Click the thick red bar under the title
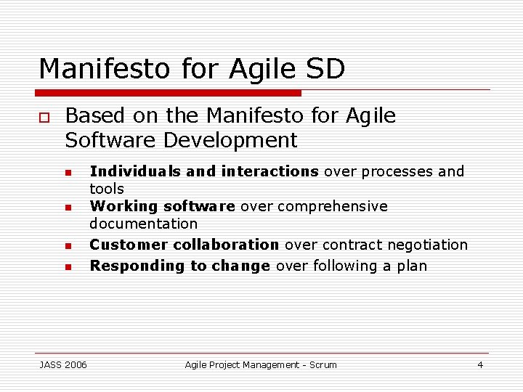169,93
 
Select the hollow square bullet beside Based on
44,117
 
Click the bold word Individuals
135,171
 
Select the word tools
107,189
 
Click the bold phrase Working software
162,206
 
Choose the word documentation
143,224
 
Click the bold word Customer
125,245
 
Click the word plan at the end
412,266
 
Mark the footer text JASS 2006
63,364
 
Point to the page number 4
479,364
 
